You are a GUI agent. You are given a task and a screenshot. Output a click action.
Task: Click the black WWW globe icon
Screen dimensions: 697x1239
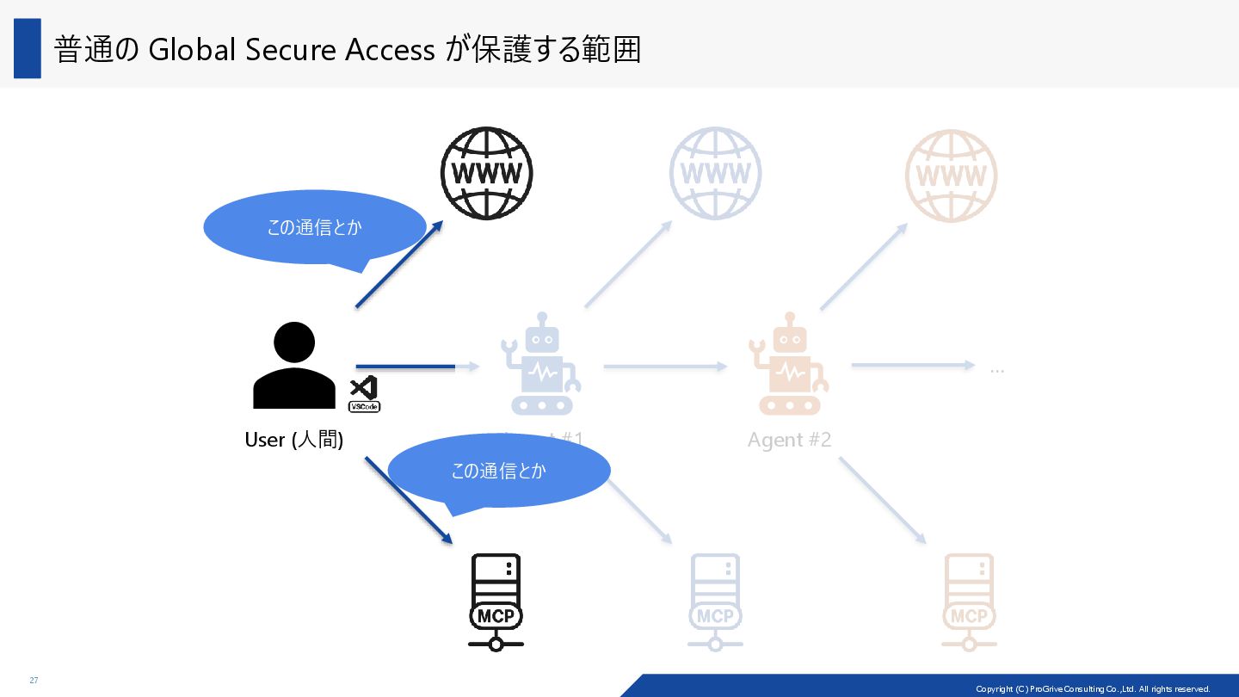tap(486, 173)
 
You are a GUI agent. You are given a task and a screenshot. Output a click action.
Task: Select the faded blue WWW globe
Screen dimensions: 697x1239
tap(715, 173)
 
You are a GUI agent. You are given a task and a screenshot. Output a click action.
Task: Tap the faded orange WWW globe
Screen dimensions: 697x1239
tap(951, 176)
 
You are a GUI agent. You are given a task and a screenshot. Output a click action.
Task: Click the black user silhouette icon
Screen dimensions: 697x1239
tap(294, 366)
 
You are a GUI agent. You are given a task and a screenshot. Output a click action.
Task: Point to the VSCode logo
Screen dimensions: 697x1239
tap(364, 393)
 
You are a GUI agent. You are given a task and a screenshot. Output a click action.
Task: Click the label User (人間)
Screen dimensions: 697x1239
tap(294, 440)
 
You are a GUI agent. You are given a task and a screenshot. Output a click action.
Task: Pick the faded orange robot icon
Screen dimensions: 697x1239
tap(788, 364)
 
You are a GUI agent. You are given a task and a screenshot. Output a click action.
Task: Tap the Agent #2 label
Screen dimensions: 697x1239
tap(789, 440)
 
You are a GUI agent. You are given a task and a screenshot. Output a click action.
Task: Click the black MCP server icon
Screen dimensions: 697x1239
tap(496, 601)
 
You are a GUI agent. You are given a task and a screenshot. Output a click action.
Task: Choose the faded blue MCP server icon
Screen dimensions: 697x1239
tap(715, 601)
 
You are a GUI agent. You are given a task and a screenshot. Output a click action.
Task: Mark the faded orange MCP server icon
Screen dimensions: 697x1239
tap(969, 601)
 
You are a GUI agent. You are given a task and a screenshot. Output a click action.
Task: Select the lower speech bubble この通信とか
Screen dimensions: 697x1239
tap(498, 471)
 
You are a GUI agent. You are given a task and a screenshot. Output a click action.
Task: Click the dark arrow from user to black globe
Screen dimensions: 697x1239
tap(398, 264)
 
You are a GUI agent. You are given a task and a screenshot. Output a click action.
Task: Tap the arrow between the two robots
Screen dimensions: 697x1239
tap(664, 367)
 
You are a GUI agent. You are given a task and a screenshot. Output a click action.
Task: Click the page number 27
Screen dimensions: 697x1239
tap(34, 681)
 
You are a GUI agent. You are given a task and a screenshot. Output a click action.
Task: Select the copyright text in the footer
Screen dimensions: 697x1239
tap(1092, 688)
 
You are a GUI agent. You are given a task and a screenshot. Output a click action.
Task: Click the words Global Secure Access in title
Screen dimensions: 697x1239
tap(292, 50)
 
